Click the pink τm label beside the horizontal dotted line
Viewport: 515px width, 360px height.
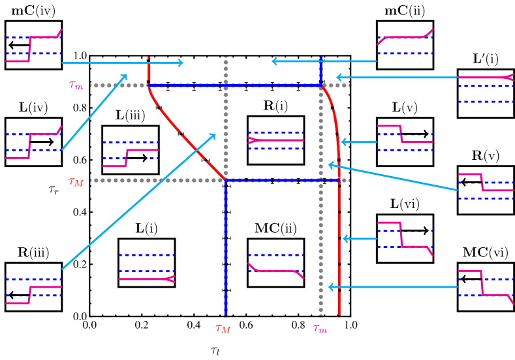[x=76, y=85]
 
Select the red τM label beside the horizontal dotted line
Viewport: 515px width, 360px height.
[x=76, y=182]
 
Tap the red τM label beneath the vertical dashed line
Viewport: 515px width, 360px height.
[x=223, y=329]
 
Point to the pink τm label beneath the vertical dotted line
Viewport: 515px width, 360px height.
[x=320, y=329]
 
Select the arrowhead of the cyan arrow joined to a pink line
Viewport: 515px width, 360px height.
[x=337, y=78]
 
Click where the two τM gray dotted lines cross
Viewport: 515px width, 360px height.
[x=226, y=180]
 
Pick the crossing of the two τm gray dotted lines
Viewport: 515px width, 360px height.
[x=320, y=85]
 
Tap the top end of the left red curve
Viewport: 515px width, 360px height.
[x=149, y=58]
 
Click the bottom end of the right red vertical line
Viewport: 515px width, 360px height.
[x=339, y=314]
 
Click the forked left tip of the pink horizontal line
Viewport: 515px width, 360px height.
[x=251, y=140]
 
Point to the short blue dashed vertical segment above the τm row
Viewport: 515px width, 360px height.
[x=320, y=70]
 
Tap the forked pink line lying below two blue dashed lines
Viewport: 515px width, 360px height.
[x=147, y=279]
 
